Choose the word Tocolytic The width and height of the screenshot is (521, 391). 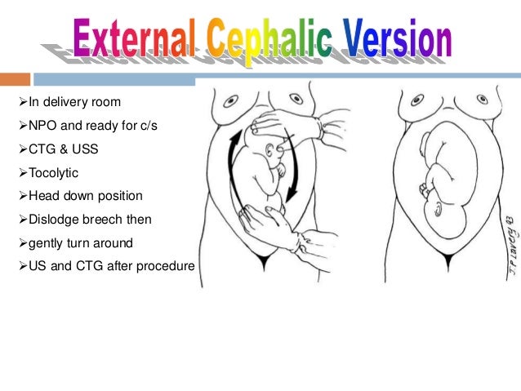point(53,173)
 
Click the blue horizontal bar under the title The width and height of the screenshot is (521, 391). point(114,80)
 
